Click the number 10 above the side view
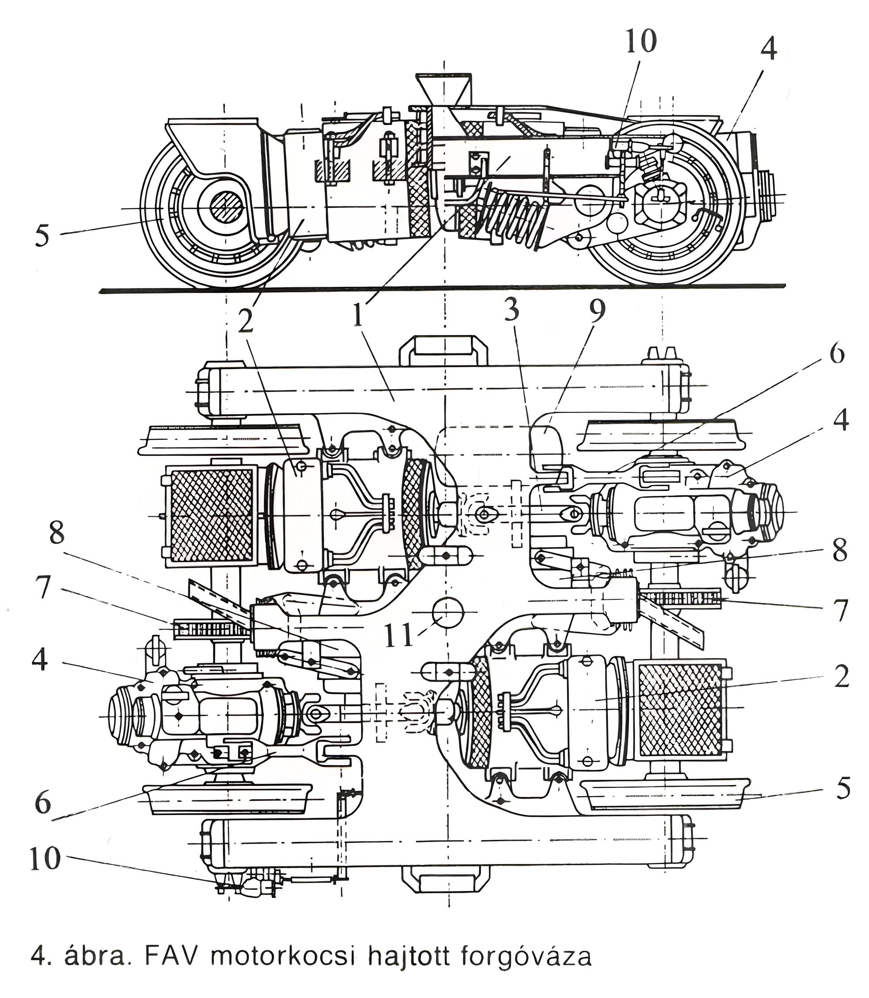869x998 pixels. [x=640, y=41]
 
